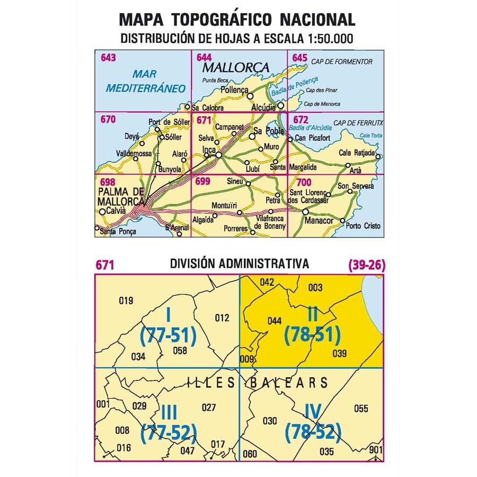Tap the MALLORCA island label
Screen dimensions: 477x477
pyautogui.click(x=236, y=68)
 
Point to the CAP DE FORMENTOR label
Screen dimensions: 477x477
pyautogui.click(x=342, y=62)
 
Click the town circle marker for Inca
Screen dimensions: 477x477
pyautogui.click(x=218, y=155)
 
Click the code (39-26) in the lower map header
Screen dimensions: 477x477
pyautogui.click(x=366, y=264)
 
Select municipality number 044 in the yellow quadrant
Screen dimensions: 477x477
pyautogui.click(x=275, y=320)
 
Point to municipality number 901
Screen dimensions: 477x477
pyautogui.click(x=375, y=450)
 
